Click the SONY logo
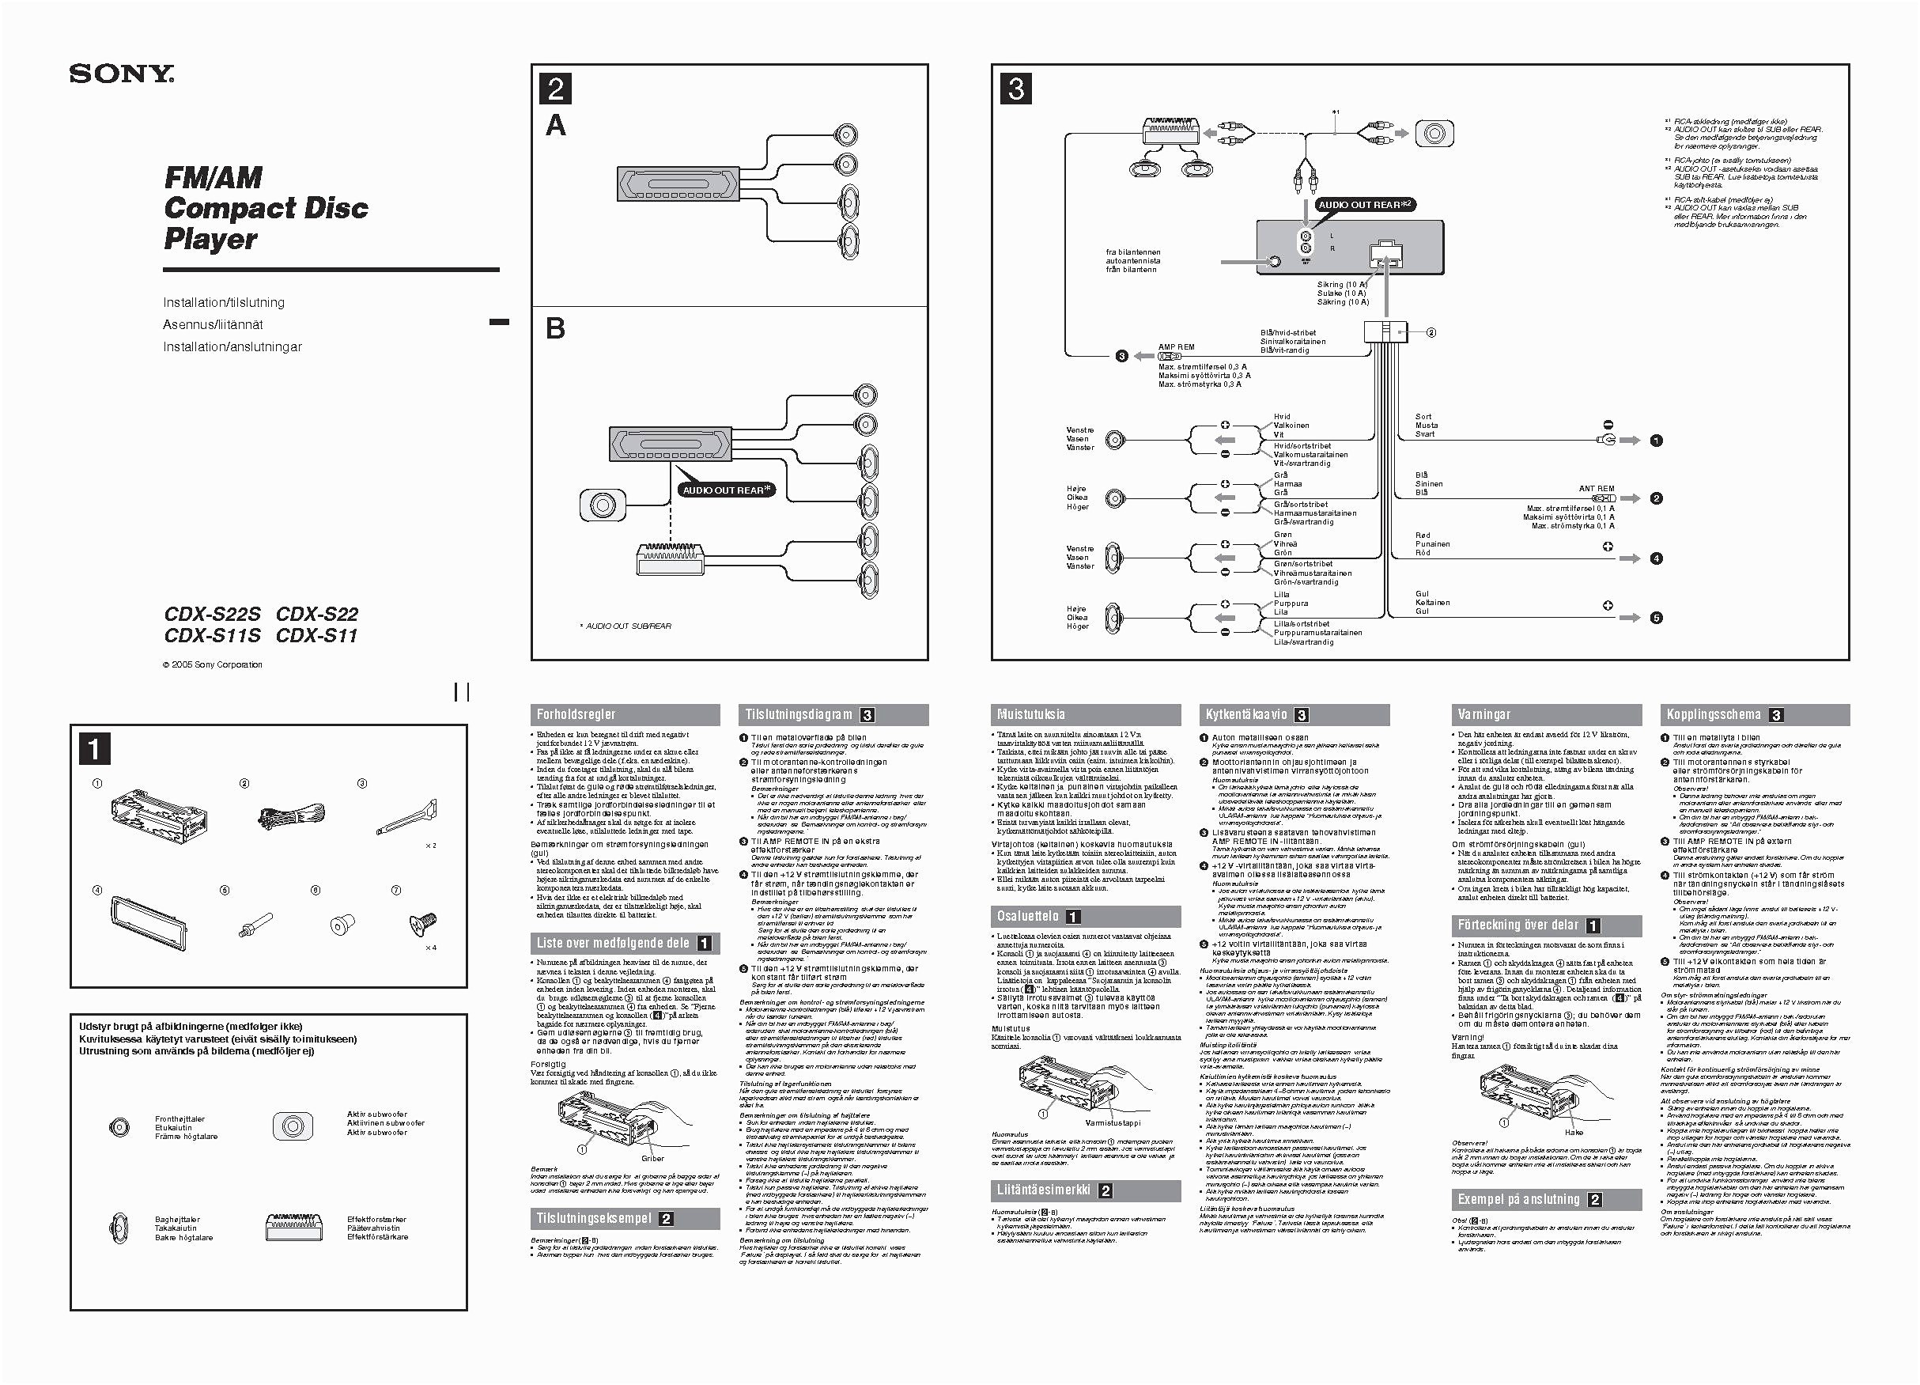[122, 74]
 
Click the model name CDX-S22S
[213, 614]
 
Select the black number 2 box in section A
[556, 89]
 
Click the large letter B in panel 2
[555, 328]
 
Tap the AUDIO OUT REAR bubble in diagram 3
[1365, 205]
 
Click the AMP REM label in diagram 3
[1176, 347]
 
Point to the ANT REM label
[1596, 489]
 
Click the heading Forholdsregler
[576, 714]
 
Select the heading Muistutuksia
[1031, 714]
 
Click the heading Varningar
[1483, 714]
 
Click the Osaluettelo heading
[1028, 916]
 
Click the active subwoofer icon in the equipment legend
[293, 1125]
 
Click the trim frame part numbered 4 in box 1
[147, 923]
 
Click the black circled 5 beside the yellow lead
[1656, 618]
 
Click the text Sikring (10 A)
[1342, 285]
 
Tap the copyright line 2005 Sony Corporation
[213, 664]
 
